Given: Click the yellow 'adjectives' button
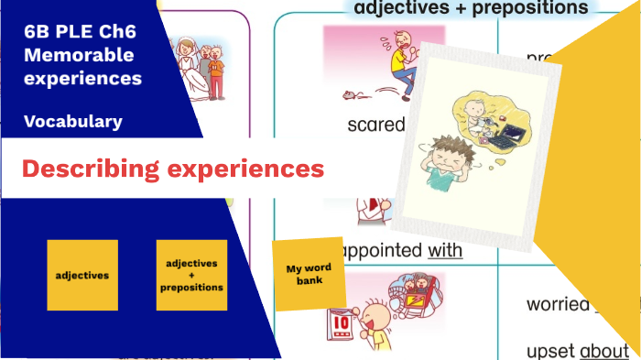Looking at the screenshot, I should (82, 275).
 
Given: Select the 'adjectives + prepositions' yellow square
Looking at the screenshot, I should (191, 275).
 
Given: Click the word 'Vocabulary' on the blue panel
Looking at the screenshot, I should (73, 121).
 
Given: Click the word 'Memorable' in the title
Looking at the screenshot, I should (72, 55).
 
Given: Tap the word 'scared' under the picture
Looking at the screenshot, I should (375, 125).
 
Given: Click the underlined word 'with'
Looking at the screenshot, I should (445, 249).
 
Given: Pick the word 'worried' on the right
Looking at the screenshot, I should (557, 304).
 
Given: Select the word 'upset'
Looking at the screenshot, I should (551, 350).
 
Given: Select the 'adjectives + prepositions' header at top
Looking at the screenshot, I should (471, 8).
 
